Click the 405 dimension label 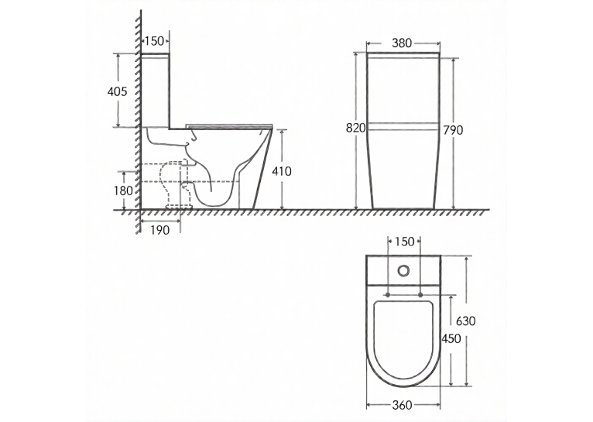117,91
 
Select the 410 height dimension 282,171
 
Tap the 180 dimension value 123,190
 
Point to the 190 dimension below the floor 160,230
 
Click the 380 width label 402,43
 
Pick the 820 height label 356,129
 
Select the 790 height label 453,130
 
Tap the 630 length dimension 465,321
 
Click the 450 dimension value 451,338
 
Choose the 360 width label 402,405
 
